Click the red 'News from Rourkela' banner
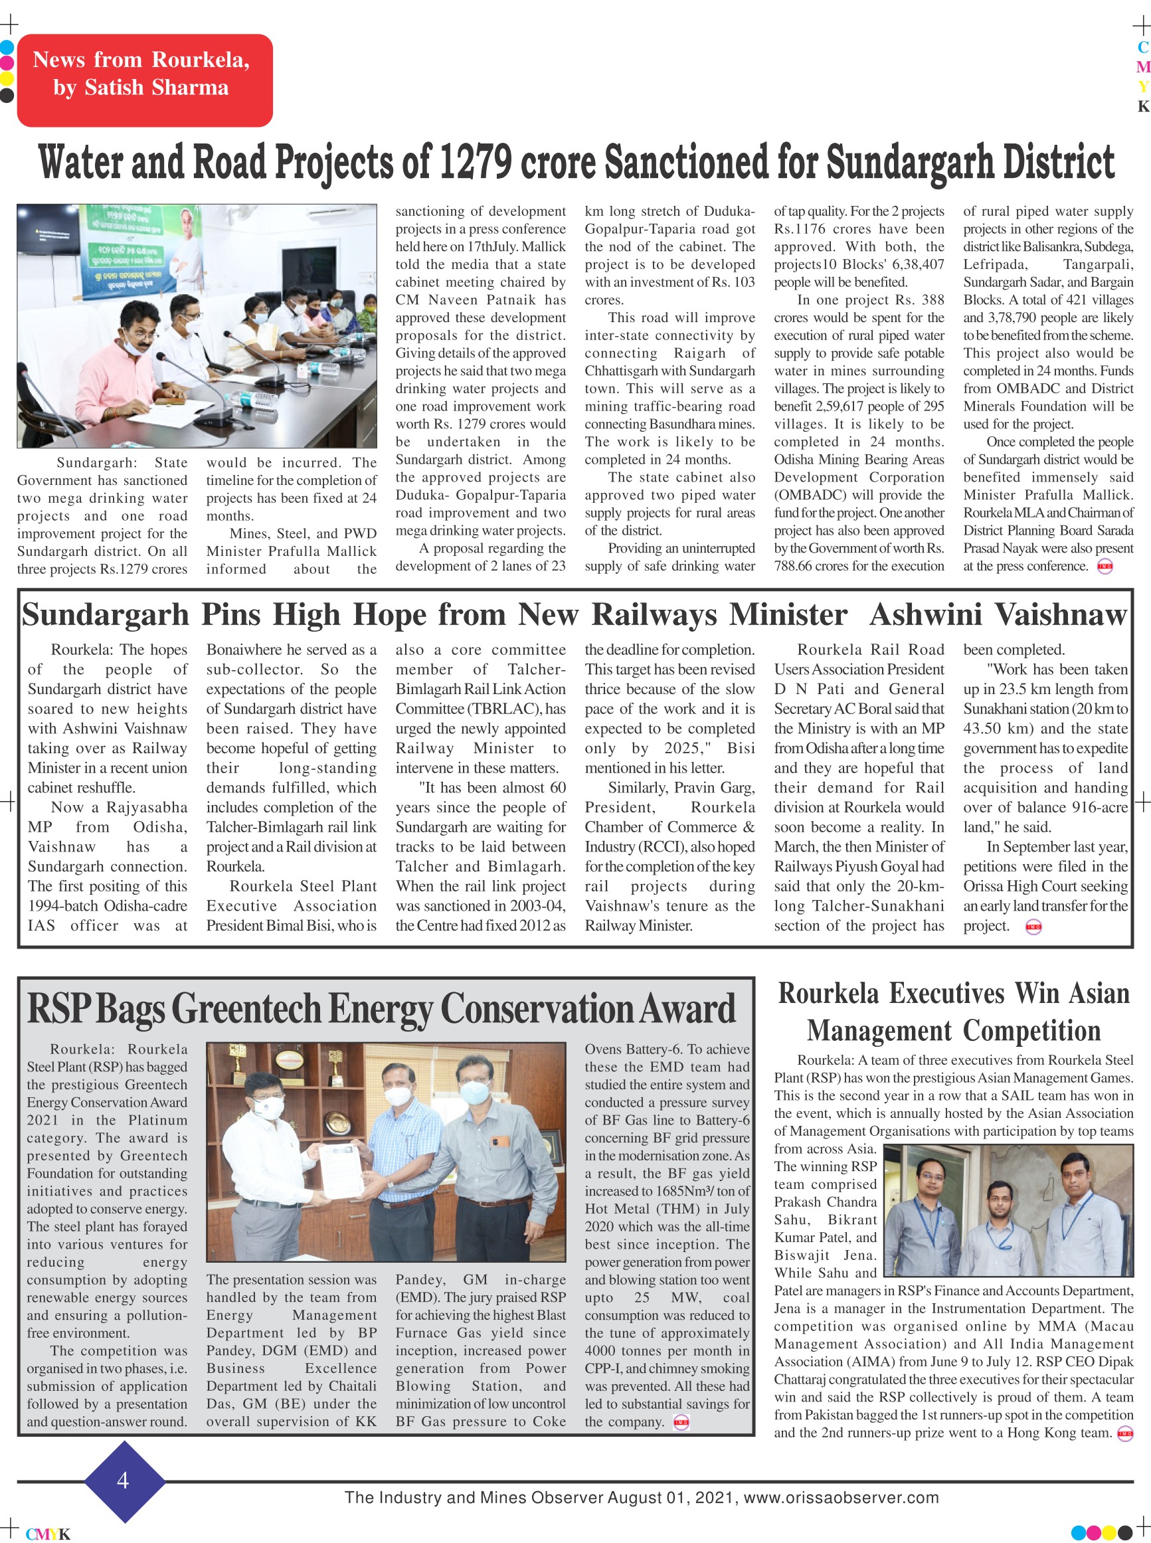click(x=145, y=80)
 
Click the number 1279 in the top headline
click(x=474, y=161)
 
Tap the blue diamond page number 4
click(x=124, y=1481)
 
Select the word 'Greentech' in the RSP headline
click(x=245, y=1010)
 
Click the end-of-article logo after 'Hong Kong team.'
click(x=1124, y=1433)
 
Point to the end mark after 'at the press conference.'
click(x=1105, y=567)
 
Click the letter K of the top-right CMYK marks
click(x=1143, y=106)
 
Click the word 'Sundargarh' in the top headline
click(x=909, y=161)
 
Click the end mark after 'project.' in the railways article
click(x=1033, y=927)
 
